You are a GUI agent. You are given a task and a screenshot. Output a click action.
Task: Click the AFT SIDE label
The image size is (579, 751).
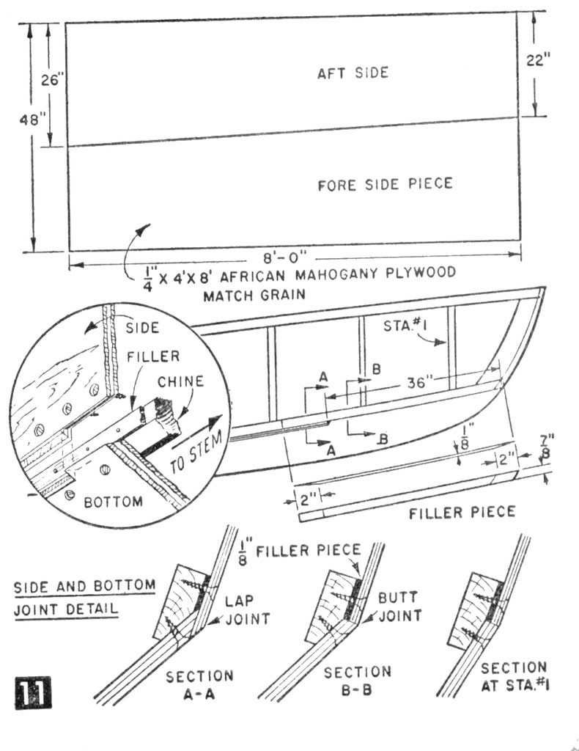pyautogui.click(x=353, y=73)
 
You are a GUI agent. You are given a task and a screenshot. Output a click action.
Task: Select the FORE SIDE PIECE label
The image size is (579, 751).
pyautogui.click(x=386, y=184)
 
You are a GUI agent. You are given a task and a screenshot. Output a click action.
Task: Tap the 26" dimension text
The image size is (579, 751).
pyautogui.click(x=53, y=79)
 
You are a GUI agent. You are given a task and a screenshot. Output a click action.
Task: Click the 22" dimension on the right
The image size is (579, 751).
pyautogui.click(x=539, y=60)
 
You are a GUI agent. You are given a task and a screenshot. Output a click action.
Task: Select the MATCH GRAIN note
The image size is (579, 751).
pyautogui.click(x=254, y=295)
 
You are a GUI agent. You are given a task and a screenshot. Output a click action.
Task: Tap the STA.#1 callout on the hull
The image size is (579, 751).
pyautogui.click(x=405, y=326)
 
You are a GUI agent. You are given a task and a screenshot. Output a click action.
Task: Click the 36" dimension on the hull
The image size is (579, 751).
pyautogui.click(x=420, y=382)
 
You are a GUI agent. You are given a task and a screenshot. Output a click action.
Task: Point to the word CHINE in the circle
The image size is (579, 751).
pyautogui.click(x=181, y=381)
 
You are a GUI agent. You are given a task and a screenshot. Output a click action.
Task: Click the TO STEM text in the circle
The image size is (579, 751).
pyautogui.click(x=196, y=451)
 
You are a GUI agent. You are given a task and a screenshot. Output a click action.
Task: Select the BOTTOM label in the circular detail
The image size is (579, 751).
pyautogui.click(x=114, y=502)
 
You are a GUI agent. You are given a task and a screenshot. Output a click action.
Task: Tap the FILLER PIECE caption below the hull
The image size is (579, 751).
pyautogui.click(x=462, y=513)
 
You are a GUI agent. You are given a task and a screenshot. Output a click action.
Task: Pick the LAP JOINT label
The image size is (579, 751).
pyautogui.click(x=248, y=609)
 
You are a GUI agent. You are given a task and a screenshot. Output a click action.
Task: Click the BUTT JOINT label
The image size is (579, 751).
pyautogui.click(x=400, y=607)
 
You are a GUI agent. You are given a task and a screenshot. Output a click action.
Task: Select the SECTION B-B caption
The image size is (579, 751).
pyautogui.click(x=358, y=681)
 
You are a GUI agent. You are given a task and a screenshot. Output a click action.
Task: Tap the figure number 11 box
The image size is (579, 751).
pyautogui.click(x=32, y=692)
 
